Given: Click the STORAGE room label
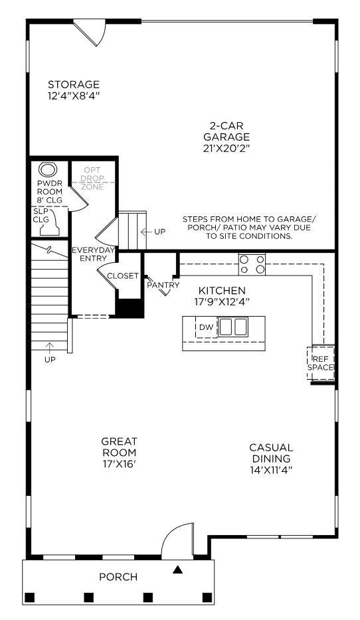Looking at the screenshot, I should tap(74, 85).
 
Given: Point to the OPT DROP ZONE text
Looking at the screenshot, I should tap(93, 179).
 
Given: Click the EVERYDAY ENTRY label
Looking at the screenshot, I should tap(94, 254).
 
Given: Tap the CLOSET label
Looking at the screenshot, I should tap(123, 276).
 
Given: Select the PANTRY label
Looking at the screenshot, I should tap(163, 285).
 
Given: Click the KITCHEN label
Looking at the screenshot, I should tap(222, 291).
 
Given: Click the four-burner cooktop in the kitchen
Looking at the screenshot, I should tap(252, 264).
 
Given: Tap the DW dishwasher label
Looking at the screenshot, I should tap(205, 327).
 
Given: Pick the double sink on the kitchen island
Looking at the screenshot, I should tap(233, 327).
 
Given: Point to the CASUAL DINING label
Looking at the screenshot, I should tap(271, 453).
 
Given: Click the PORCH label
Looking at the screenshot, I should tap(118, 577).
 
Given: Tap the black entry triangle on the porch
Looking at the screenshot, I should tap(177, 570).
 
